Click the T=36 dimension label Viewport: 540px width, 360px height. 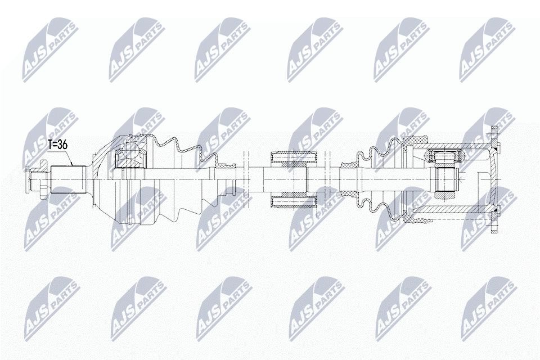57,145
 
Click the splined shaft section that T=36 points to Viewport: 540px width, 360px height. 69,179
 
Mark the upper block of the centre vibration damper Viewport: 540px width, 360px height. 294,159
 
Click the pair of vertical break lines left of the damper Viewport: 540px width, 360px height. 246,179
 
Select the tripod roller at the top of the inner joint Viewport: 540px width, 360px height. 445,156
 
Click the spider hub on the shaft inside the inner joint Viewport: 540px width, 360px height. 446,180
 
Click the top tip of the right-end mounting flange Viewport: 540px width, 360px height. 494,128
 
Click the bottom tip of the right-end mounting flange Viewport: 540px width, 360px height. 494,232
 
